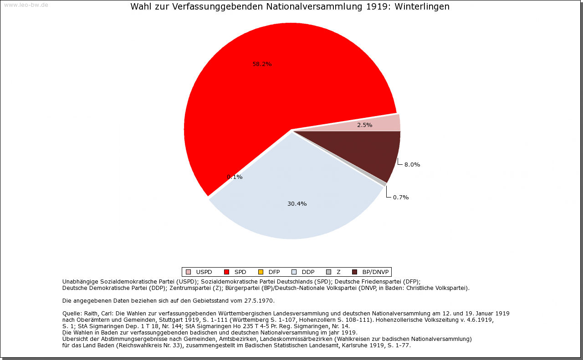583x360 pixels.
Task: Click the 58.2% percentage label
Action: click(x=262, y=64)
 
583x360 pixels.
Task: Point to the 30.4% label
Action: click(x=297, y=204)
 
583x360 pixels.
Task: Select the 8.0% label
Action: click(x=412, y=165)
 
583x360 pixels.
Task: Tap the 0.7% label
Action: click(x=400, y=198)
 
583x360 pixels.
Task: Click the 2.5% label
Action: click(x=364, y=125)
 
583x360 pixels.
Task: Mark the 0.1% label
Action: click(x=235, y=177)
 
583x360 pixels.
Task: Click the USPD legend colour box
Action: click(x=188, y=272)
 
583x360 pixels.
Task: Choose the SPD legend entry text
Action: click(x=240, y=272)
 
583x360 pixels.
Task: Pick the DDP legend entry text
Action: click(x=308, y=272)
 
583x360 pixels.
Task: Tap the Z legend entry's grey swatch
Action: click(x=328, y=272)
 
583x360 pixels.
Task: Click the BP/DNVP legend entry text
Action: click(x=375, y=272)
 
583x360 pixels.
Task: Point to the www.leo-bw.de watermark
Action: click(x=26, y=5)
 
